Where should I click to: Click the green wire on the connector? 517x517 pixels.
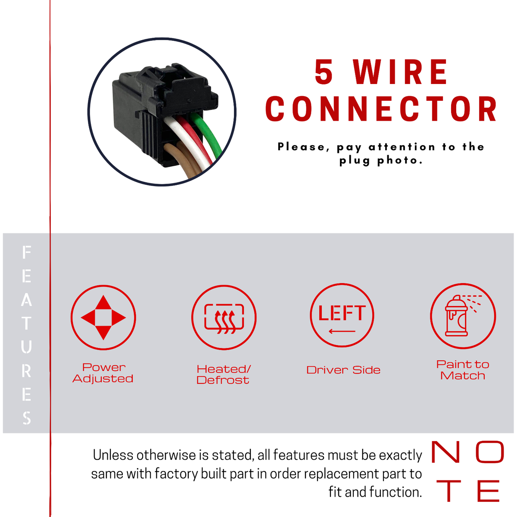coord(208,134)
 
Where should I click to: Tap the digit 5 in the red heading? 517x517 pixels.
coord(324,72)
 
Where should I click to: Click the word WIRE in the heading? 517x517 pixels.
coord(400,72)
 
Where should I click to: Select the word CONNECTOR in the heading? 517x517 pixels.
coord(381,109)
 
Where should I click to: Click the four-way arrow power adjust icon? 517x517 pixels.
coord(103,318)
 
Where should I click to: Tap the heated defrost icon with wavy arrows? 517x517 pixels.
coord(224,318)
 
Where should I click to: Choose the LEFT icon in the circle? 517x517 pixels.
coord(342,315)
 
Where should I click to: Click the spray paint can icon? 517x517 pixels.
coord(463,316)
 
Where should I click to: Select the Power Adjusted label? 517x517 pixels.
coord(103,373)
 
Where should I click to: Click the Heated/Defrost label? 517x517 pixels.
coord(223,374)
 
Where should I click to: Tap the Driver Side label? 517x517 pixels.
coord(343,370)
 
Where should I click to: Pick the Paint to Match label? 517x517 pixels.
coord(463,370)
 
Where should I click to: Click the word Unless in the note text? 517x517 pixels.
coord(113,455)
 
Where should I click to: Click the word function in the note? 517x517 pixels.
coord(396,492)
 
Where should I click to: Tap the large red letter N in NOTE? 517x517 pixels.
coord(445,452)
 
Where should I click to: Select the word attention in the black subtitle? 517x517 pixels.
coord(402,147)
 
